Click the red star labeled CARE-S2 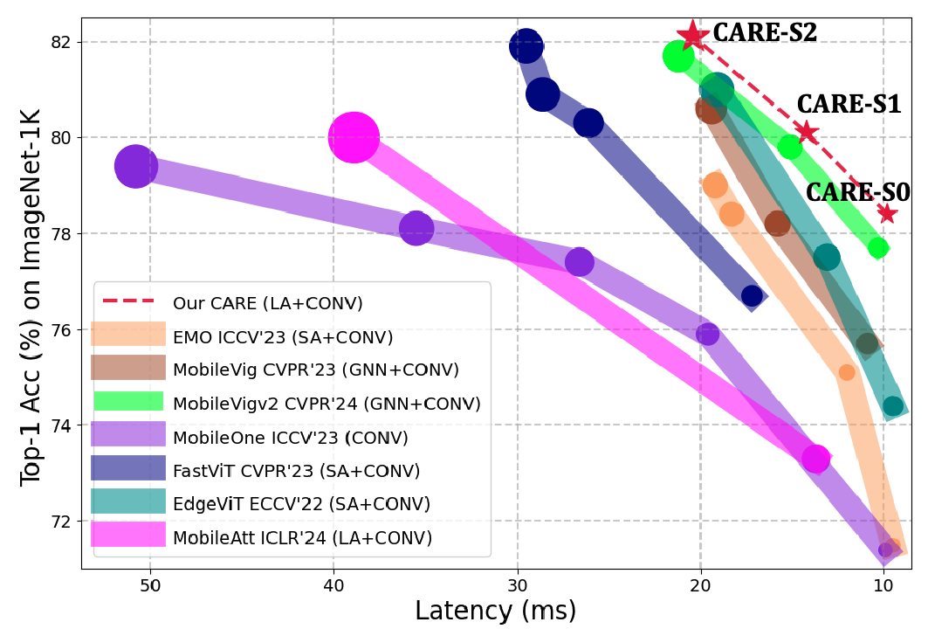(693, 36)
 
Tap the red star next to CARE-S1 (807, 132)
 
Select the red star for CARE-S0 (887, 213)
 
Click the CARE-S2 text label (765, 33)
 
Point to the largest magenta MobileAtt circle (354, 137)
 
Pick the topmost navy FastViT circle (526, 45)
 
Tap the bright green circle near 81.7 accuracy (678, 57)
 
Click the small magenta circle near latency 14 (815, 458)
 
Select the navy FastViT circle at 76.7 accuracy (752, 296)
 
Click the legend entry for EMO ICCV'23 (283, 336)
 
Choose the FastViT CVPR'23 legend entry (297, 470)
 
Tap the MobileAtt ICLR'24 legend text (302, 536)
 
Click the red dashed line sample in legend (128, 302)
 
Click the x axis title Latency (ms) (495, 611)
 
